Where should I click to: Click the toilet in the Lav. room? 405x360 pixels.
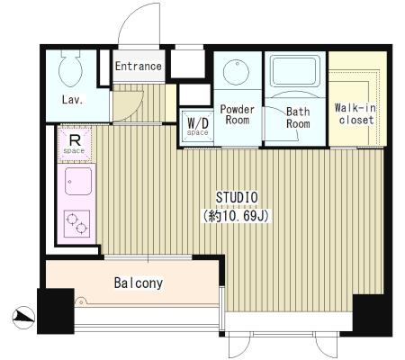point(71,67)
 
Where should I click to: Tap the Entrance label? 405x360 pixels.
point(139,67)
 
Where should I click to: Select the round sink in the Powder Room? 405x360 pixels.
point(237,71)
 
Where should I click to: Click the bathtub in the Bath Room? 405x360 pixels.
point(295,71)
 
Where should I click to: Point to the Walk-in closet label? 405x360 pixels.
point(355,114)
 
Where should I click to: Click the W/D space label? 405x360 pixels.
point(198,126)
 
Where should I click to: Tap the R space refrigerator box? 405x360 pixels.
point(75,144)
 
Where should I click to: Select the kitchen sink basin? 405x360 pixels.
point(78,181)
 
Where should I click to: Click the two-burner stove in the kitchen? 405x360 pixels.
point(76,223)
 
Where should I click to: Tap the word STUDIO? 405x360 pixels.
point(237,198)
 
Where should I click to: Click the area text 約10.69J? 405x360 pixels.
point(236,216)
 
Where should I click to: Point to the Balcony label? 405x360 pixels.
point(139,283)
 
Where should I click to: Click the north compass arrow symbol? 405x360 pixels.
point(23,317)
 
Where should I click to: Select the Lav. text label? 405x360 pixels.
point(72,100)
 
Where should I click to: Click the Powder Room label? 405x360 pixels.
point(237,114)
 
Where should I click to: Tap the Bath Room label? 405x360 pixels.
point(298,118)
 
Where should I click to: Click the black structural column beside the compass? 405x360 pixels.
point(56,311)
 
